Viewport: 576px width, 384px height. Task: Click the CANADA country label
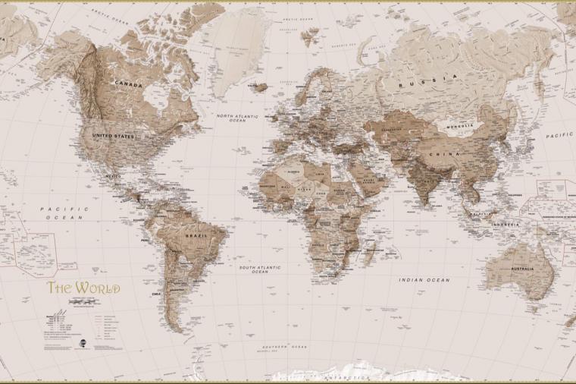tap(128, 85)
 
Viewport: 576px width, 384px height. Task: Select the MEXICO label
tap(114, 176)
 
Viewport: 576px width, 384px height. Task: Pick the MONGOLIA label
tap(460, 126)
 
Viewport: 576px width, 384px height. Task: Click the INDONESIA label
tap(505, 225)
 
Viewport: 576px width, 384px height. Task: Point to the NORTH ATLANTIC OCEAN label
tap(237, 118)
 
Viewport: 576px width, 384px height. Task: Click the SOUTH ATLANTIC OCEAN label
tap(260, 269)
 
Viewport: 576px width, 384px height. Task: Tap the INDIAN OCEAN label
tap(424, 280)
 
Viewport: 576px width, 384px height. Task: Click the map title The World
tap(83, 288)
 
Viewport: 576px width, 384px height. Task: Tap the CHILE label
tap(157, 293)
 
